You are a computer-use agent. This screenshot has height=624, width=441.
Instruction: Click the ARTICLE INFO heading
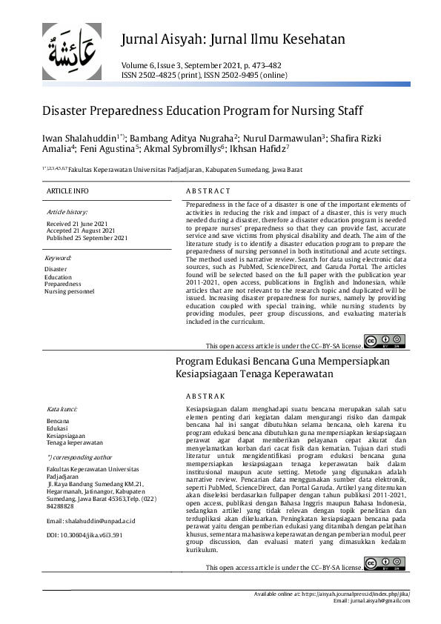tap(67, 191)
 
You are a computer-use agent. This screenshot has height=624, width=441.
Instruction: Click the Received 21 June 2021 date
tap(77, 223)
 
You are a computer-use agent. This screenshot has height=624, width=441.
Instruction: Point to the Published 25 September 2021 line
tap(87, 238)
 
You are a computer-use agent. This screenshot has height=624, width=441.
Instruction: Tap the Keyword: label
tap(59, 258)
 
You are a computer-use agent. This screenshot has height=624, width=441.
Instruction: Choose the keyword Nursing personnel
tap(69, 291)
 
